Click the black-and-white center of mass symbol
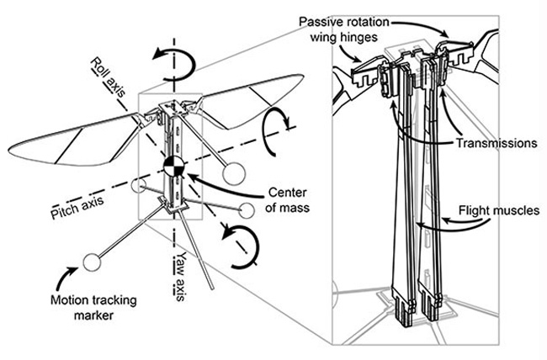point(173,165)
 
